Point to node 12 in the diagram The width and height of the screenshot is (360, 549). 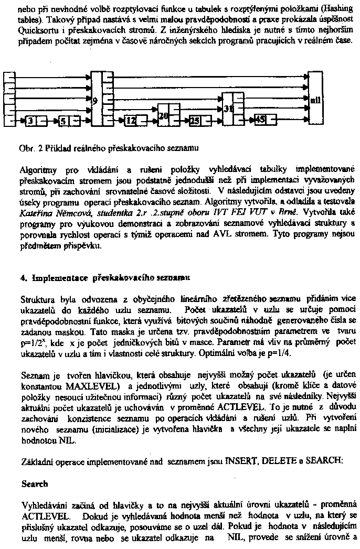tap(131, 122)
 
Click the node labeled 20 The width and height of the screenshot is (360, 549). tap(163, 116)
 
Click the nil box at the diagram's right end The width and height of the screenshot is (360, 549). tap(315, 99)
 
